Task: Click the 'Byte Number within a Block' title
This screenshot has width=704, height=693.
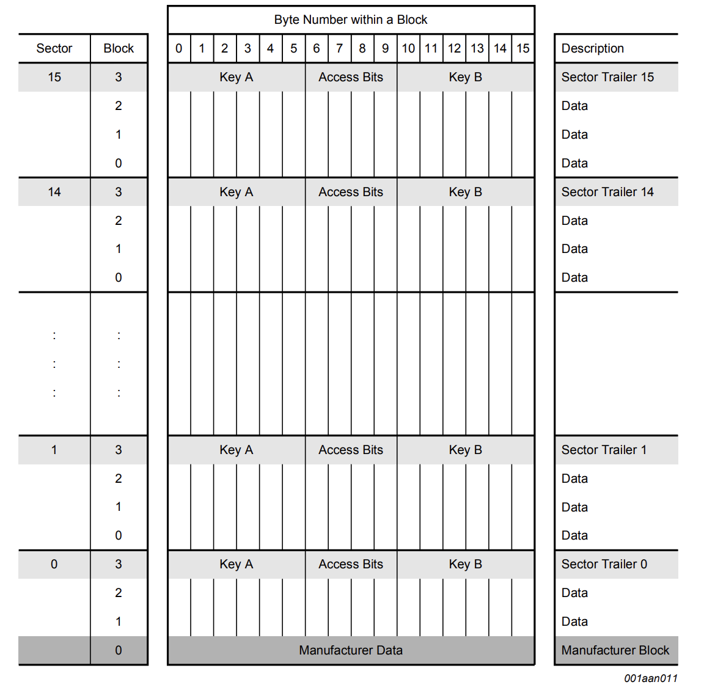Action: click(351, 20)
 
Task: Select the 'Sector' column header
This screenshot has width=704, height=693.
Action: click(54, 48)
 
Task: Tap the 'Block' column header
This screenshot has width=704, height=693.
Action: click(119, 48)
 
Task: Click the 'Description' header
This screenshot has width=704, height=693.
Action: click(592, 48)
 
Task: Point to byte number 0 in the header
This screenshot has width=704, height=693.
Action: click(178, 48)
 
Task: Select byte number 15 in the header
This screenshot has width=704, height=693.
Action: click(523, 48)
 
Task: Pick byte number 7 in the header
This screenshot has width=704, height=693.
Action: click(339, 48)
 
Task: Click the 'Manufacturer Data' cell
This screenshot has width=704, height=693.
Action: click(351, 650)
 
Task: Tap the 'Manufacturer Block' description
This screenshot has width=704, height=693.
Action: click(615, 650)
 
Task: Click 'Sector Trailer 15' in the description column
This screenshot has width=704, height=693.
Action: click(607, 77)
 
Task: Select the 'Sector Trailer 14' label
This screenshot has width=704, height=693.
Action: click(607, 192)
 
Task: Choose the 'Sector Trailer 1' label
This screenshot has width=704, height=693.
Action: click(604, 450)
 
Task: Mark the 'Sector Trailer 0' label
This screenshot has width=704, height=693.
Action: click(604, 564)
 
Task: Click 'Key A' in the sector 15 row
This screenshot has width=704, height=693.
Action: click(236, 77)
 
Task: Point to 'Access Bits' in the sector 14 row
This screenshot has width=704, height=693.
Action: click(351, 192)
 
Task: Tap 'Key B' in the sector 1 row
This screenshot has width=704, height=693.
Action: click(465, 450)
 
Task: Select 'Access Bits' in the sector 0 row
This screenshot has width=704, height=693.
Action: click(351, 564)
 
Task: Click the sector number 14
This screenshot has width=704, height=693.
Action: click(54, 192)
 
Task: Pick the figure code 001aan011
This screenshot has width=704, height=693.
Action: click(651, 678)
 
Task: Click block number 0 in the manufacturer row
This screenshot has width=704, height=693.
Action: click(119, 650)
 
